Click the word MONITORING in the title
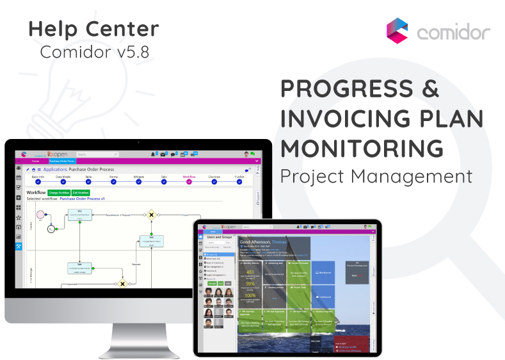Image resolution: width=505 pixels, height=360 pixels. click(x=362, y=148)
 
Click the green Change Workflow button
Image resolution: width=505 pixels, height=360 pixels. click(x=59, y=192)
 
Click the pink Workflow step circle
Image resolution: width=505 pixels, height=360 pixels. click(x=189, y=182)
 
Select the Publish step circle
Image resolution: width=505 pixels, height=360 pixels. click(x=239, y=182)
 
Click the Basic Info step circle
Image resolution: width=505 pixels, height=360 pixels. click(x=38, y=182)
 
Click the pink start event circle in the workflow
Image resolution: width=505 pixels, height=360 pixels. click(x=41, y=213)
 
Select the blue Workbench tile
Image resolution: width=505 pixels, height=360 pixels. click(x=325, y=272)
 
